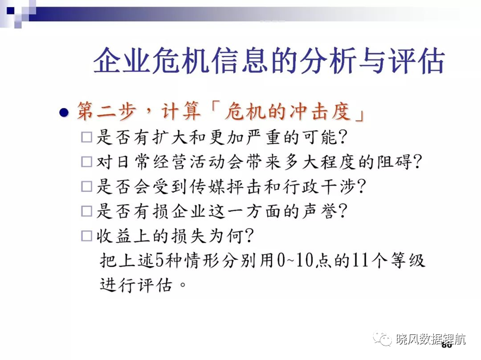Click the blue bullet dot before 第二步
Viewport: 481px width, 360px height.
[64, 113]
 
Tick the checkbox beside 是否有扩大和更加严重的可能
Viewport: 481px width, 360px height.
[86, 137]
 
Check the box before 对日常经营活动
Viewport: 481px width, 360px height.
[86, 161]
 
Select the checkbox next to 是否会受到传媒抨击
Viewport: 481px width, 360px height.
[86, 186]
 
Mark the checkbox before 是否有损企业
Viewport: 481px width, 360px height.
[86, 211]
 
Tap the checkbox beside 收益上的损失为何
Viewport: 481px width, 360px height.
[86, 236]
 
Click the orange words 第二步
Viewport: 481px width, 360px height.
[106, 111]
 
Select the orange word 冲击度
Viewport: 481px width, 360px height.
[320, 111]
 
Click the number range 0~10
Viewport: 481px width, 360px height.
[295, 260]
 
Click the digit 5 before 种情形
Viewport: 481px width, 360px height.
[160, 260]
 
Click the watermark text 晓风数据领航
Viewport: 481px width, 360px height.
[431, 339]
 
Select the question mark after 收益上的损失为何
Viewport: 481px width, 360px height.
[249, 236]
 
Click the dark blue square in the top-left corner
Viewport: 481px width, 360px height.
[11, 11]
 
